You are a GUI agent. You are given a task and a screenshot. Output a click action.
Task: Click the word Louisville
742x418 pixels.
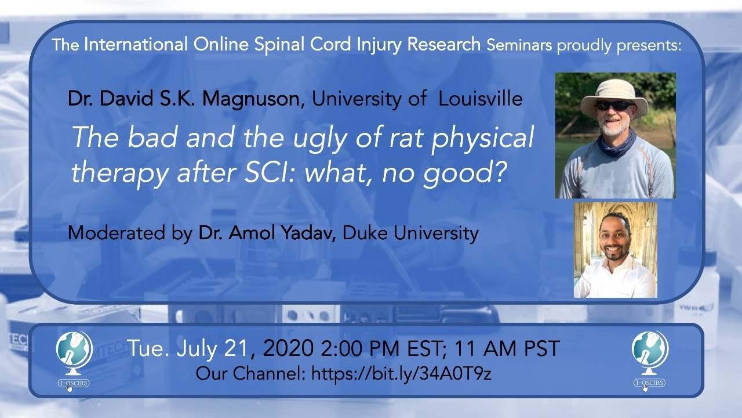click(x=481, y=99)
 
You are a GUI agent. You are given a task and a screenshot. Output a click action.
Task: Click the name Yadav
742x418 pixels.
click(x=310, y=233)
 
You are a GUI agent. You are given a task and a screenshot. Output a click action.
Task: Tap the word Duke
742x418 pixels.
click(x=363, y=233)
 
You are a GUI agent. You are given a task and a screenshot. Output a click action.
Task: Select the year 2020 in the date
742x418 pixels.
click(x=286, y=348)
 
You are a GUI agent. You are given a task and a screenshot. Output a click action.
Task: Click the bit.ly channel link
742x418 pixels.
click(x=401, y=373)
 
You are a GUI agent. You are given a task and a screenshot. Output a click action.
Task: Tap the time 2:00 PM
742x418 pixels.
click(x=354, y=349)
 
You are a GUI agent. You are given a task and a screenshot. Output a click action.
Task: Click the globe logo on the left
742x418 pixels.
click(x=74, y=355)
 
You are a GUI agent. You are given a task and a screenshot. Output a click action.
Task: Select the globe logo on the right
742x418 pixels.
click(x=649, y=355)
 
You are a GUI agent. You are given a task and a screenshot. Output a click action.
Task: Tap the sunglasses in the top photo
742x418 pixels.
click(x=615, y=106)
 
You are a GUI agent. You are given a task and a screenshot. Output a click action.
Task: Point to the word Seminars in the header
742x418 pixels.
click(x=519, y=45)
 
